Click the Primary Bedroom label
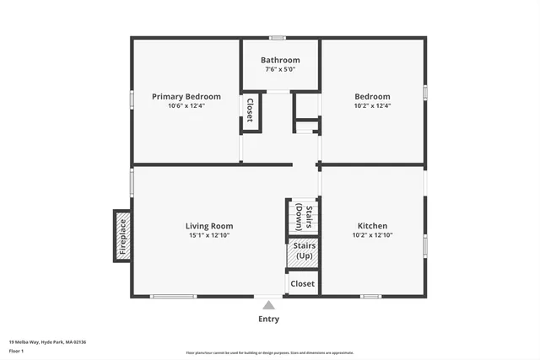point(186,97)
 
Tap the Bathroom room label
point(280,60)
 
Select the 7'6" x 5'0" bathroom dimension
point(280,70)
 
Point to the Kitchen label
point(372,226)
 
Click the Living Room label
point(209,226)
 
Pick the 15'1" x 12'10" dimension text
point(209,236)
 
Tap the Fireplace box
point(122,236)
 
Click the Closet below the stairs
point(302,284)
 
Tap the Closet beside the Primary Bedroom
point(250,110)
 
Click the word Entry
point(268,320)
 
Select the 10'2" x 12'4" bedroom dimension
point(372,106)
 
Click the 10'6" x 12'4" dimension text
point(186,106)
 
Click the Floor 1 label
point(16,350)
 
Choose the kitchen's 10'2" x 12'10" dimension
point(372,236)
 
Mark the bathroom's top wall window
point(276,37)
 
